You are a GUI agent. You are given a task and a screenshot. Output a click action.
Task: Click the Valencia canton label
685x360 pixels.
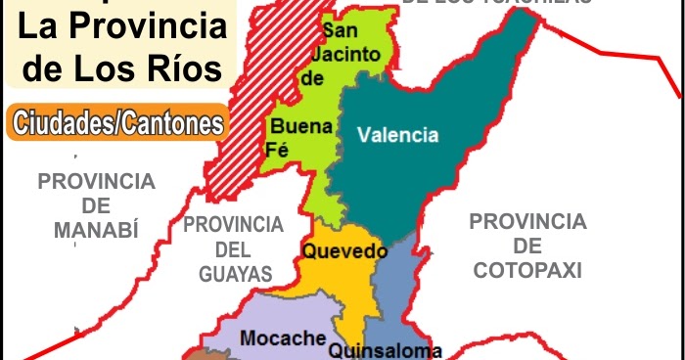[397, 135]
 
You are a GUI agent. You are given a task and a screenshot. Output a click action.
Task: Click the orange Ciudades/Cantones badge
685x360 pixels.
[114, 124]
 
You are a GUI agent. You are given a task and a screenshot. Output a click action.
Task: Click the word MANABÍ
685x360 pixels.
[96, 230]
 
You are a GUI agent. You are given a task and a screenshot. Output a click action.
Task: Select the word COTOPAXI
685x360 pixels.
[527, 269]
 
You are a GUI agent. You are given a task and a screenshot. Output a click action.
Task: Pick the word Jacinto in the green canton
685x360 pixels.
[349, 55]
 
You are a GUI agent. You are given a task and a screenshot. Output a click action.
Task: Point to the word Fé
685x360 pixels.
[277, 149]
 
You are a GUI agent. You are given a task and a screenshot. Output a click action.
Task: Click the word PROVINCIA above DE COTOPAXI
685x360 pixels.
[527, 221]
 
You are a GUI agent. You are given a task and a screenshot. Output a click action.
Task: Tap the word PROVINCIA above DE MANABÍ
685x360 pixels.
[96, 181]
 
